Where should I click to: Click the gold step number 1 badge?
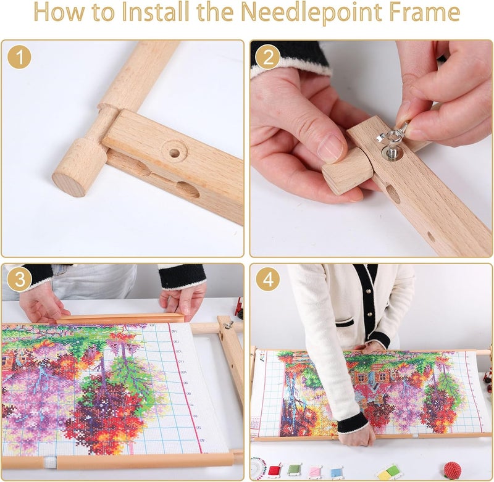[20, 57]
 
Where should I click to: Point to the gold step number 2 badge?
[268, 57]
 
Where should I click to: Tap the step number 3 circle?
[20, 279]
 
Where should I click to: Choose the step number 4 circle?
[268, 279]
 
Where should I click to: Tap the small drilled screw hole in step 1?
[174, 152]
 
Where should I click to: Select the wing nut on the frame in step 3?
[228, 324]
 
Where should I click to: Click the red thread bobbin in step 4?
[274, 470]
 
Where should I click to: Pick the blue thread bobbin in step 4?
[337, 472]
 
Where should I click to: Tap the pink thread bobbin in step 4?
[315, 472]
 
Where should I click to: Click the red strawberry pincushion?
[453, 471]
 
